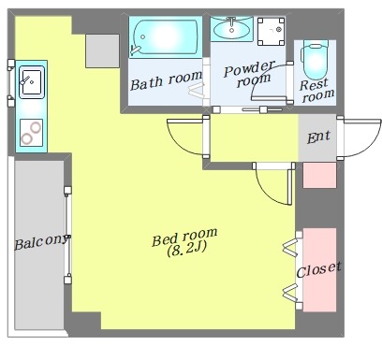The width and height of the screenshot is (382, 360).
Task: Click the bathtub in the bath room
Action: pyautogui.click(x=166, y=37)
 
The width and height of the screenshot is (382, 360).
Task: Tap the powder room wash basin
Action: pyautogui.click(x=231, y=29)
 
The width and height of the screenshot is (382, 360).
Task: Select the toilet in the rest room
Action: pyautogui.click(x=316, y=59)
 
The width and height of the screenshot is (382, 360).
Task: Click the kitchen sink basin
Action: pyautogui.click(x=32, y=82)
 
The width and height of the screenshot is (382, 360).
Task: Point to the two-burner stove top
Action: pyautogui.click(x=31, y=133)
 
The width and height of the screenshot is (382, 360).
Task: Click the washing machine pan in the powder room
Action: pyautogui.click(x=271, y=31)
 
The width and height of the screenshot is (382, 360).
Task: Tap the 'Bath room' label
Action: pyautogui.click(x=166, y=80)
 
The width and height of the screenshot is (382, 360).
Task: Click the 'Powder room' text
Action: pyautogui.click(x=249, y=74)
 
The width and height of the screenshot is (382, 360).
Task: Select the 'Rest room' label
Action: pyautogui.click(x=317, y=91)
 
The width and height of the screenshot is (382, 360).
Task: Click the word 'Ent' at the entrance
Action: pyautogui.click(x=318, y=137)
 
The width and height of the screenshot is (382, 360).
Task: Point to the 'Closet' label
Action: pyautogui.click(x=318, y=270)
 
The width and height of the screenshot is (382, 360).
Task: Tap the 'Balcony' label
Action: pyautogui.click(x=41, y=242)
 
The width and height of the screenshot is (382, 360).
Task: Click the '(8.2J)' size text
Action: pyautogui.click(x=186, y=249)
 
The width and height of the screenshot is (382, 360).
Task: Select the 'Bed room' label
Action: pyautogui.click(x=184, y=237)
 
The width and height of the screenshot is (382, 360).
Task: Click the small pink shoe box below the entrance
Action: pyautogui.click(x=319, y=175)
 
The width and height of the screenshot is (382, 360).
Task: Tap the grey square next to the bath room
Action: pyautogui.click(x=102, y=50)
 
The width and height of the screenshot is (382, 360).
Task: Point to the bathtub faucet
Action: pyautogui.click(x=136, y=50)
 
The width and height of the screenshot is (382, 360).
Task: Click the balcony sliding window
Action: pyautogui.click(x=67, y=235)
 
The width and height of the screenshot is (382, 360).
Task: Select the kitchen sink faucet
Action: pyautogui.click(x=25, y=80)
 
